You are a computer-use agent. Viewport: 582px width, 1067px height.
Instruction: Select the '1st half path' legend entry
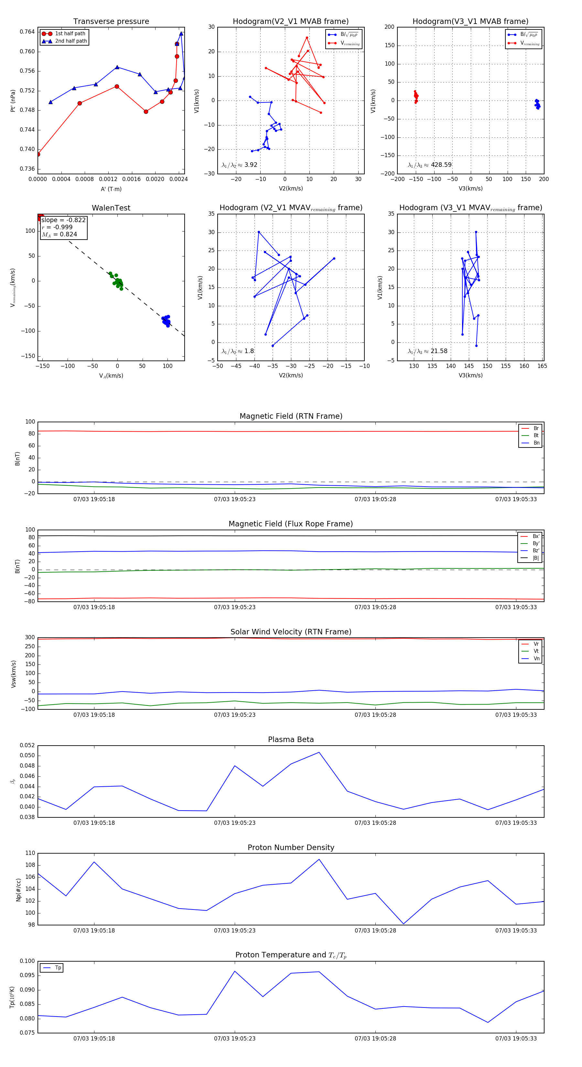point(70,34)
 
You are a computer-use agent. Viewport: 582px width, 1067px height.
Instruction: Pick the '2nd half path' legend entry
point(70,41)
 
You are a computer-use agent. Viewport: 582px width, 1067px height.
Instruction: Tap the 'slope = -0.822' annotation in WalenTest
point(63,220)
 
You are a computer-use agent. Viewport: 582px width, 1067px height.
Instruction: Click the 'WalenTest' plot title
point(111,208)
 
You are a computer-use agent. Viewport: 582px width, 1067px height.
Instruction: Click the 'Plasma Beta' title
point(291,739)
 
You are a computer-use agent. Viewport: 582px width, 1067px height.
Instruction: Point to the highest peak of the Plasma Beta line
point(319,752)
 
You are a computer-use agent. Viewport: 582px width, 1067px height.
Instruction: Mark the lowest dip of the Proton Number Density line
point(404,924)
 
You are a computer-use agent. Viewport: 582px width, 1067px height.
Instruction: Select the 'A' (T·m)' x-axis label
point(111,189)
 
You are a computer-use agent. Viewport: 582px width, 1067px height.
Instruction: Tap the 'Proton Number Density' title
point(291,847)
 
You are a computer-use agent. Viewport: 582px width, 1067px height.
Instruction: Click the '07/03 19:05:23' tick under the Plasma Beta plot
point(234,823)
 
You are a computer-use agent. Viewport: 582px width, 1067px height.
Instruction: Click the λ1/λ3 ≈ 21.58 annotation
point(427,351)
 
